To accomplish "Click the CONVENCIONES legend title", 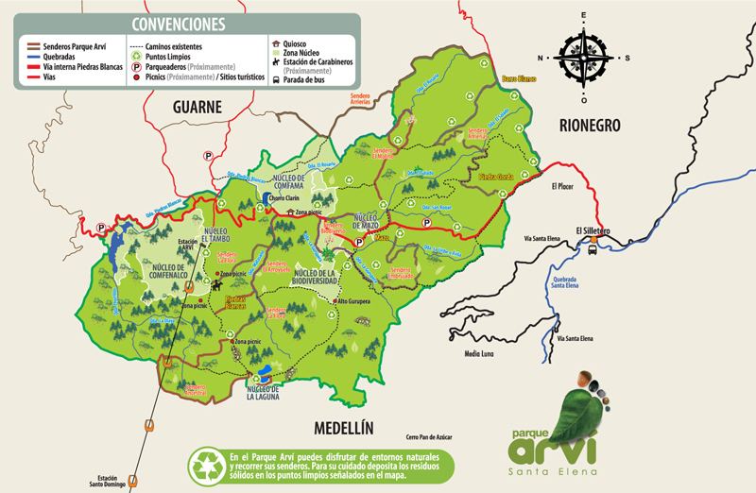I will point(179,23).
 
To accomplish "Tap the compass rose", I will point(584,57).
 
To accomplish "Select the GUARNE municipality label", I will point(197,108).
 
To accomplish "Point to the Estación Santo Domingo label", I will point(109,481).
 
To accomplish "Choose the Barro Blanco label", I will point(519,78).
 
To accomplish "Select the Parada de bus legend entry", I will point(305,80).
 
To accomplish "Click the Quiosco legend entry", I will point(299,43).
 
